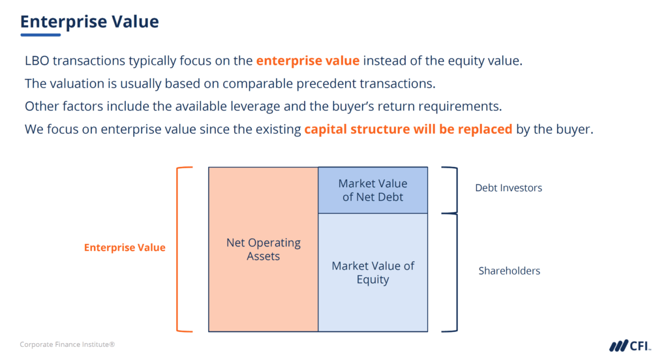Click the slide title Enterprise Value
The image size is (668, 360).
point(89,21)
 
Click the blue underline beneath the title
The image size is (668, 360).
point(40,35)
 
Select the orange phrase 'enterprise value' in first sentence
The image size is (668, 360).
point(307,61)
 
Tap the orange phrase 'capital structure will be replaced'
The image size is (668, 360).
point(408,129)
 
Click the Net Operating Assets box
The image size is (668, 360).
point(264,249)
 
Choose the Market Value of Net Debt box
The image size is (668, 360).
point(372,190)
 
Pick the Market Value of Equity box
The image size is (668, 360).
point(372,273)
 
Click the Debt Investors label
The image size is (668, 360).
point(508,188)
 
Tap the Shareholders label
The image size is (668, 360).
point(509,271)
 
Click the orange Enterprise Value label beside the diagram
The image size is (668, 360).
point(125,248)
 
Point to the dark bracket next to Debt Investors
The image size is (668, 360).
point(452,189)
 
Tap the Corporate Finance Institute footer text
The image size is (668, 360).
point(67,344)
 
